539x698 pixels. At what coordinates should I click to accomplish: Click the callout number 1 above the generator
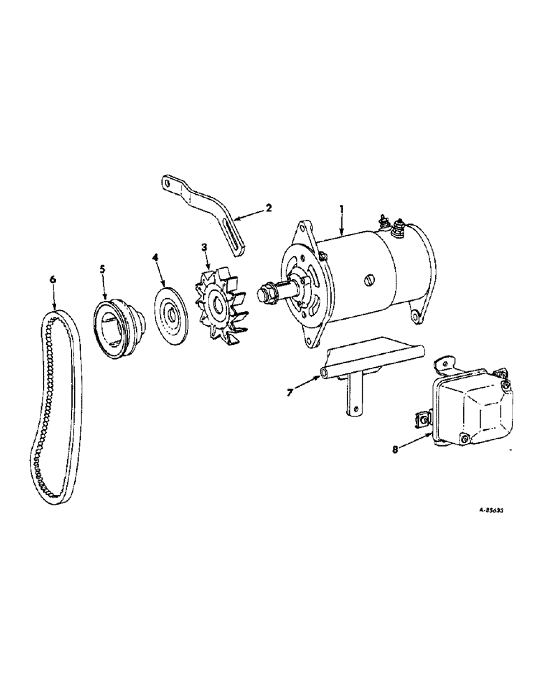(x=341, y=208)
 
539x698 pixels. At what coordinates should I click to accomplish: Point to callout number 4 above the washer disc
(x=156, y=257)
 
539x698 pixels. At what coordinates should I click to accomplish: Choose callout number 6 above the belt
(x=52, y=280)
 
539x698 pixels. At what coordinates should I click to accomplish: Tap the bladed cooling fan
(x=219, y=307)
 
